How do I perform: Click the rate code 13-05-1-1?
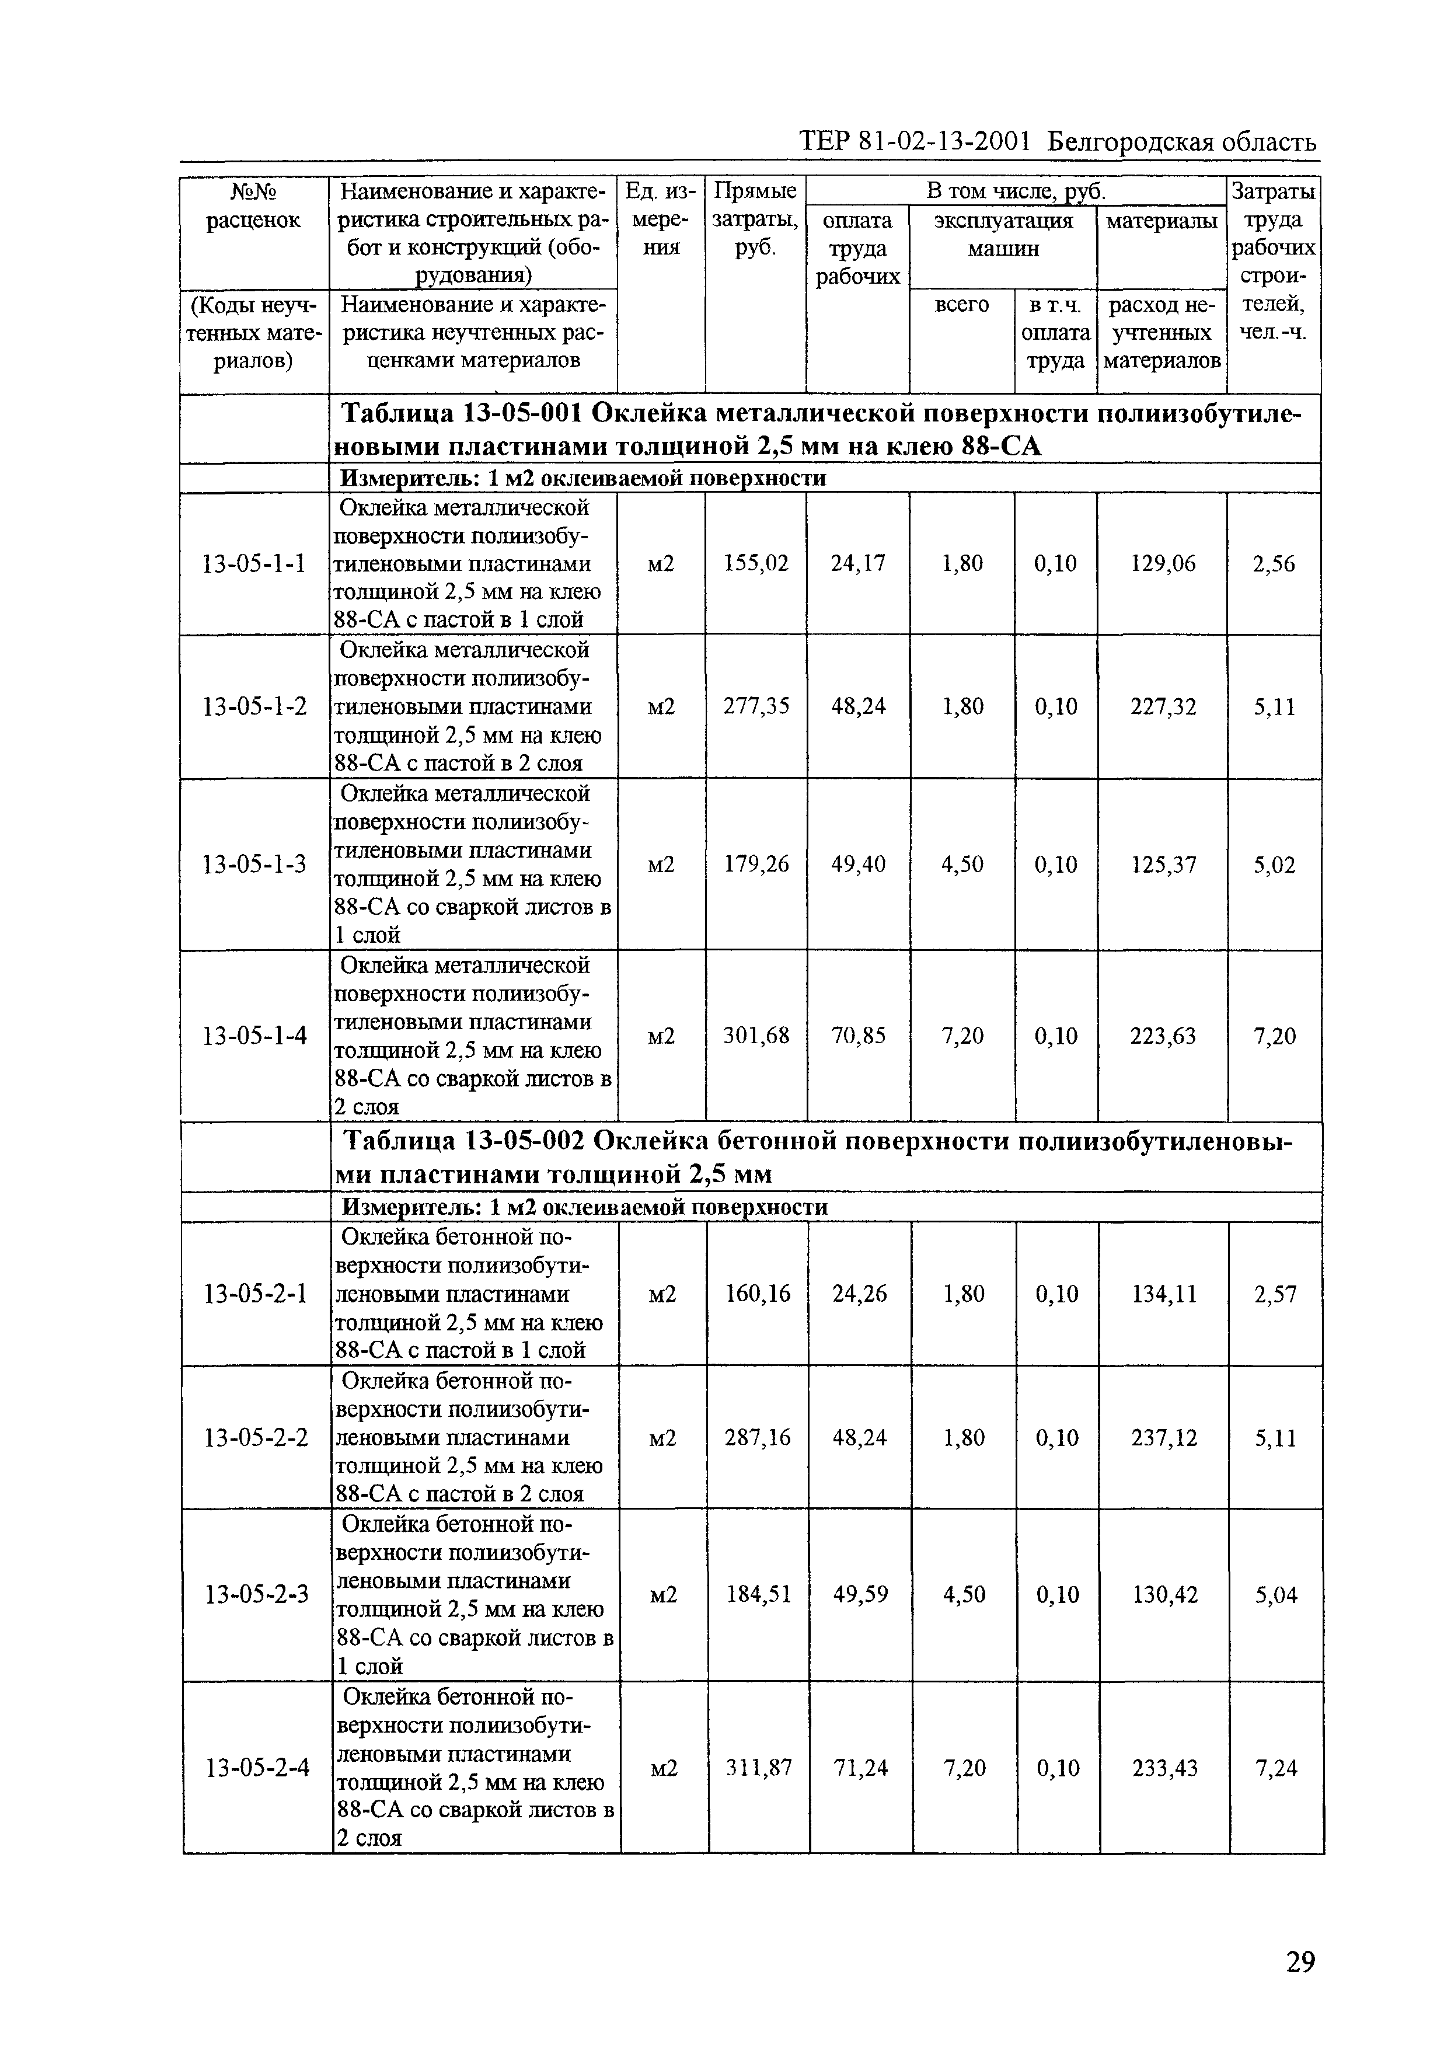[254, 564]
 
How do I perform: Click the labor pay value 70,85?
[859, 1036]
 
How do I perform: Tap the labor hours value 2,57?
[1275, 1294]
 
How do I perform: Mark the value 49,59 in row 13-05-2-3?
[860, 1594]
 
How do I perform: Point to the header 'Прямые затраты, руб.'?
[756, 220]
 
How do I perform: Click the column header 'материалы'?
[1162, 221]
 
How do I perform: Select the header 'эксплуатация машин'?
[1003, 234]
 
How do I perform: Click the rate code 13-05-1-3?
[254, 864]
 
